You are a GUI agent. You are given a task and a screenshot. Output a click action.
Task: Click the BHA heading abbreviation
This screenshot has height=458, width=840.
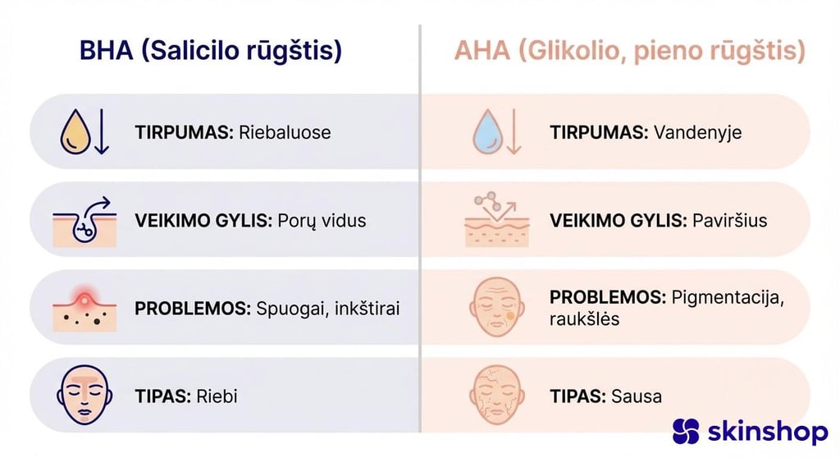[107, 51]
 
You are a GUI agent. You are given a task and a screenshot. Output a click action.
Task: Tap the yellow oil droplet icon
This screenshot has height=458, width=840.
[75, 133]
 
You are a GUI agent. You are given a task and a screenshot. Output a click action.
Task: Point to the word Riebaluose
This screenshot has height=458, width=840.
[285, 132]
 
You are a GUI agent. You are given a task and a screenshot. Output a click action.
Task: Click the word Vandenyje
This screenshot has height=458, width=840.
[697, 132]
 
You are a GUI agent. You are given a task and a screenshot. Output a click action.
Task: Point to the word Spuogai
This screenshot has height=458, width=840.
[290, 309]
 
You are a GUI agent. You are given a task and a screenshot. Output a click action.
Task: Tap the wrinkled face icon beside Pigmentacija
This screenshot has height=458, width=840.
[496, 309]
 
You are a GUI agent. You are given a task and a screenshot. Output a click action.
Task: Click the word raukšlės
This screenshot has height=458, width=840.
[585, 319]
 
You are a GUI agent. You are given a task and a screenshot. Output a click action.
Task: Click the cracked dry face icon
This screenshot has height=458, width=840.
[496, 396]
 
